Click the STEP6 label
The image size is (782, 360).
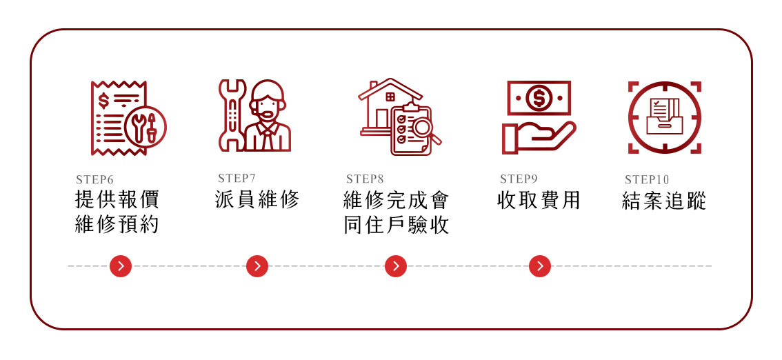[x=94, y=181]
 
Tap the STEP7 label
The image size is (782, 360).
[x=237, y=179]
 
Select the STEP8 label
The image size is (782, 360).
[x=365, y=180]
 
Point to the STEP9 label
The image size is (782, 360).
[x=519, y=179]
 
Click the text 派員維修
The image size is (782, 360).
[x=257, y=201]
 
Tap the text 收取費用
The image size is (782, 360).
[x=539, y=201]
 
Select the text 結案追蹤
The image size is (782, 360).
[x=664, y=201]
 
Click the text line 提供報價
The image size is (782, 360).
[x=117, y=200]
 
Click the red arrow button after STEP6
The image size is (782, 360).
[x=121, y=266]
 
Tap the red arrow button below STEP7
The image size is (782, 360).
[x=257, y=266]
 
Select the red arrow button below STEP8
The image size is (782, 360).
[x=396, y=266]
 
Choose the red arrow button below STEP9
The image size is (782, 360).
[x=540, y=266]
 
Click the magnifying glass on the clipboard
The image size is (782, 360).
[x=422, y=128]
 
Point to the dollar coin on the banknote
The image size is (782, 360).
[x=539, y=98]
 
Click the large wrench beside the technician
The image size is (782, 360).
[x=231, y=114]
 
